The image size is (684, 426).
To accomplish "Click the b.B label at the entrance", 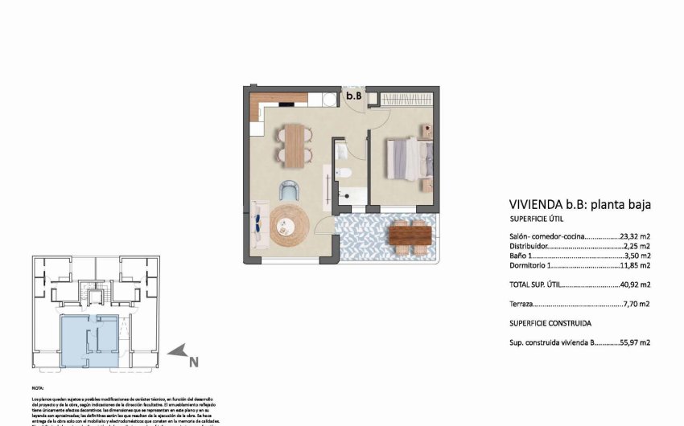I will point(352,96).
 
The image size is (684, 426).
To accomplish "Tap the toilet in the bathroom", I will point(343,174).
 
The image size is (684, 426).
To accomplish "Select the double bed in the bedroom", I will point(409,158).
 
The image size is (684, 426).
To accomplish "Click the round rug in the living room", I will point(289,227).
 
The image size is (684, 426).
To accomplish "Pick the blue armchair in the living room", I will point(289,192).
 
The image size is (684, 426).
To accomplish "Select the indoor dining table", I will point(294,145).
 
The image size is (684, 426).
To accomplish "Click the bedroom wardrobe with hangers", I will point(406,99).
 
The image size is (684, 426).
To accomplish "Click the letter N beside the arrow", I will point(193,362).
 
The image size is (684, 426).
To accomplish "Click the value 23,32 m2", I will point(634,236).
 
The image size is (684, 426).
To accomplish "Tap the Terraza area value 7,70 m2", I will point(637,304).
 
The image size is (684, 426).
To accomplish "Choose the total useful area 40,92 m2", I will point(634,285).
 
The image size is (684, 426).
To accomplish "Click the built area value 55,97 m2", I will point(634,342).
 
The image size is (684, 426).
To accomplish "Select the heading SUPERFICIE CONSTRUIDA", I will point(550,323).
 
